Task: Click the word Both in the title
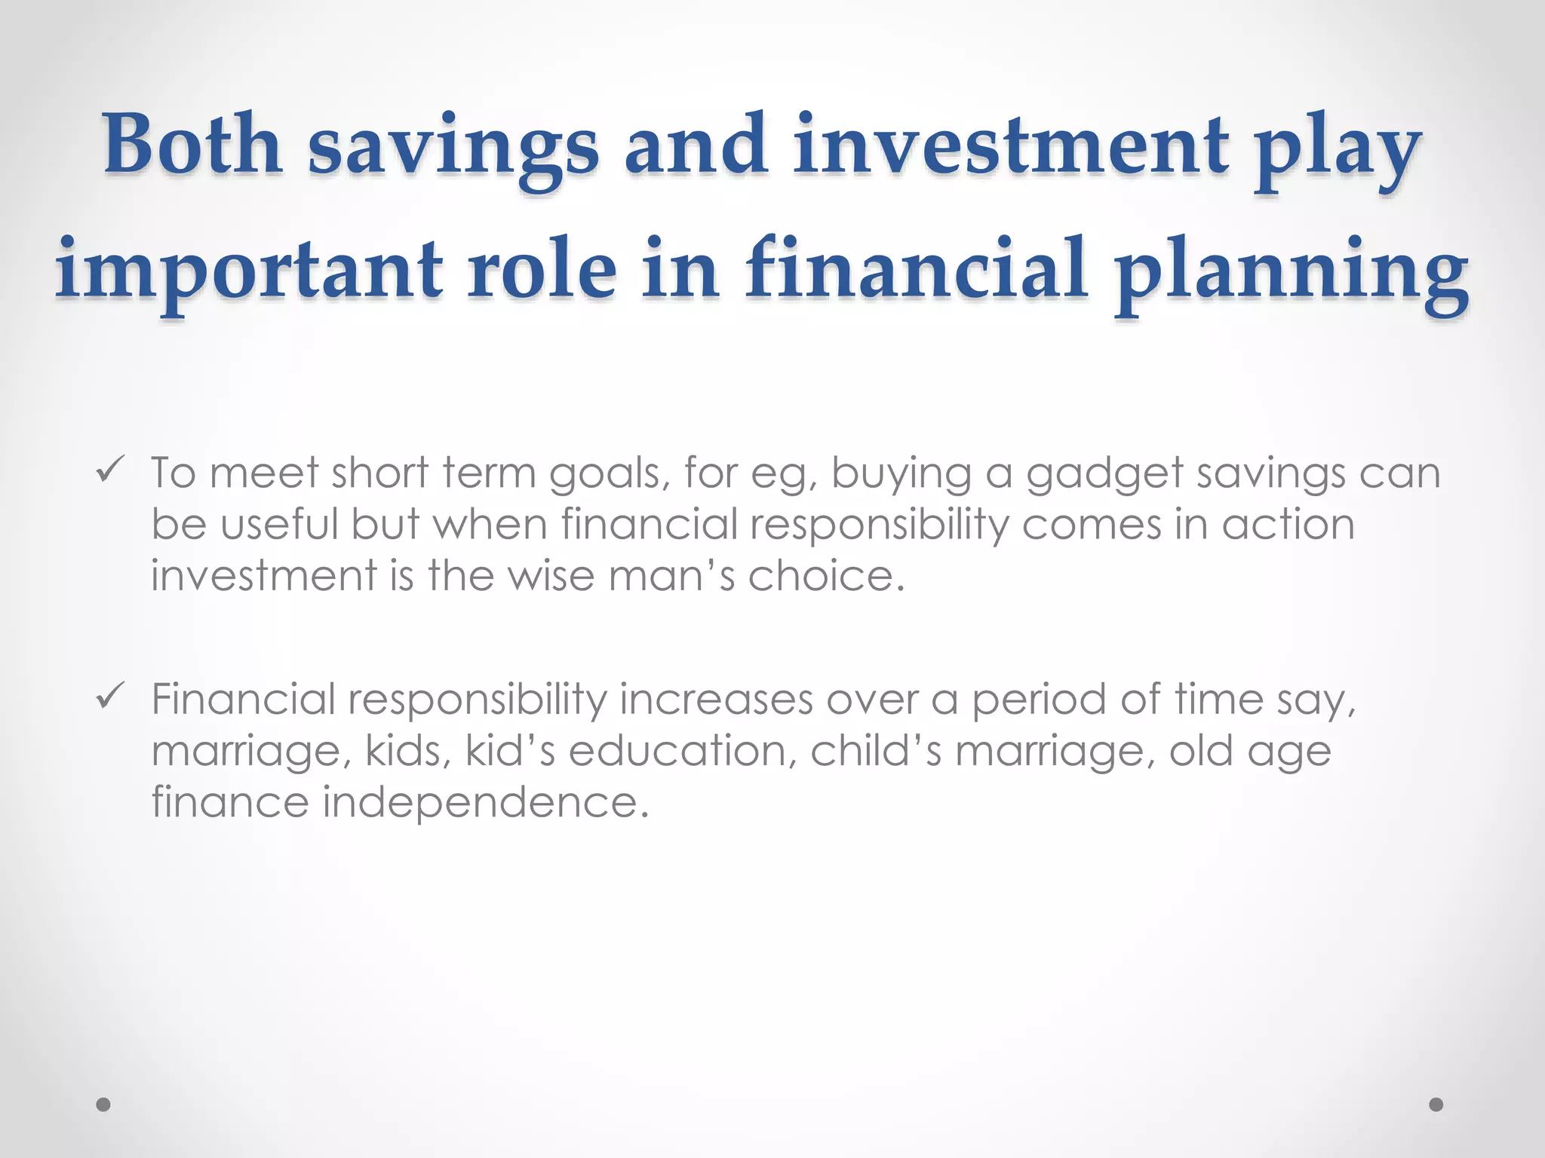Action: coord(192,145)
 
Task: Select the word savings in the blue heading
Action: coord(453,148)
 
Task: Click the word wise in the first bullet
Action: coord(550,576)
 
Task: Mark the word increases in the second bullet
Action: coord(716,700)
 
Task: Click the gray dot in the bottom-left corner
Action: coord(103,1104)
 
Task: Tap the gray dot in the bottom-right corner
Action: coord(1436,1104)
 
